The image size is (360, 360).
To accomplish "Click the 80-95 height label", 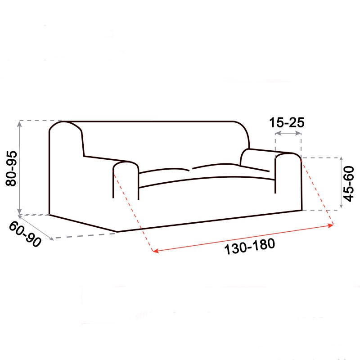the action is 11,168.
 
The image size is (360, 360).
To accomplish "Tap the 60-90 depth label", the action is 25,234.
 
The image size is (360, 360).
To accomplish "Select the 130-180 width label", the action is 250,247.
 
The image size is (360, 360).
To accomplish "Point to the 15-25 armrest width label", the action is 287,122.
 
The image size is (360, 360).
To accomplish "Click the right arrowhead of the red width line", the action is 331,225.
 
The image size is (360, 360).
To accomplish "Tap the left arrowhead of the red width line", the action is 155,251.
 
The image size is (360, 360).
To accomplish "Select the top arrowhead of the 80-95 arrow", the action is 19,124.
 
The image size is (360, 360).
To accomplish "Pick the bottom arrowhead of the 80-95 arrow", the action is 19,211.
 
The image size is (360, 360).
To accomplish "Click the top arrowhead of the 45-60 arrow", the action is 341,160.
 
